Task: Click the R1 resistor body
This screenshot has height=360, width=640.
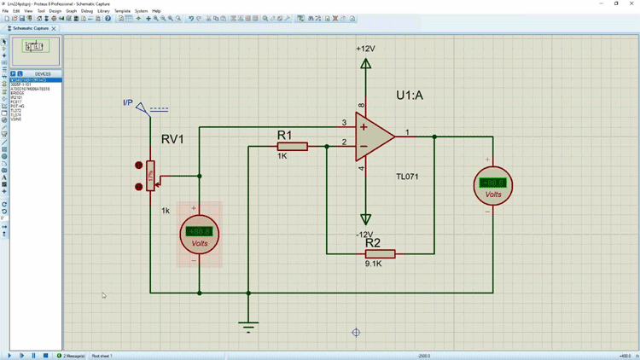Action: pyautogui.click(x=292, y=147)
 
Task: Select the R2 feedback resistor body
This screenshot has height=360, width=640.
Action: pyautogui.click(x=380, y=253)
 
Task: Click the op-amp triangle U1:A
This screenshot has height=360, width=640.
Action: pyautogui.click(x=375, y=136)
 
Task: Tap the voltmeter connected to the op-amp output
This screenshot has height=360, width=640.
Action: pyautogui.click(x=492, y=184)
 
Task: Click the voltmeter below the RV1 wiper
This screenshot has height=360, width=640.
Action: pyautogui.click(x=199, y=233)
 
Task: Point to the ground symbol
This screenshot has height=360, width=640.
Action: pyautogui.click(x=248, y=326)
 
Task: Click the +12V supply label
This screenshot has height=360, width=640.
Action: pyautogui.click(x=365, y=49)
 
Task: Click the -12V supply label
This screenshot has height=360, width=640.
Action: pyautogui.click(x=364, y=235)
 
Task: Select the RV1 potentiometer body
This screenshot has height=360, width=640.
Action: pyautogui.click(x=150, y=177)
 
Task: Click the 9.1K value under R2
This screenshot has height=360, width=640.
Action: pyautogui.click(x=373, y=264)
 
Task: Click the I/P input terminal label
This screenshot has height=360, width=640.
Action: pyautogui.click(x=128, y=103)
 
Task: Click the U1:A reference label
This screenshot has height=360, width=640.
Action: pyautogui.click(x=410, y=96)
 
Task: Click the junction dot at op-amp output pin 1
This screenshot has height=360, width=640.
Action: pyautogui.click(x=434, y=136)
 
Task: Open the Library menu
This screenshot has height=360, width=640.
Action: pyautogui.click(x=103, y=11)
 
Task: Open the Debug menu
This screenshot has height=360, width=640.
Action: pyautogui.click(x=87, y=11)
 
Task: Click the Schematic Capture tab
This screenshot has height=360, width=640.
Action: pyautogui.click(x=31, y=28)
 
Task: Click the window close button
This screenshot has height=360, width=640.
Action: pyautogui.click(x=631, y=3)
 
